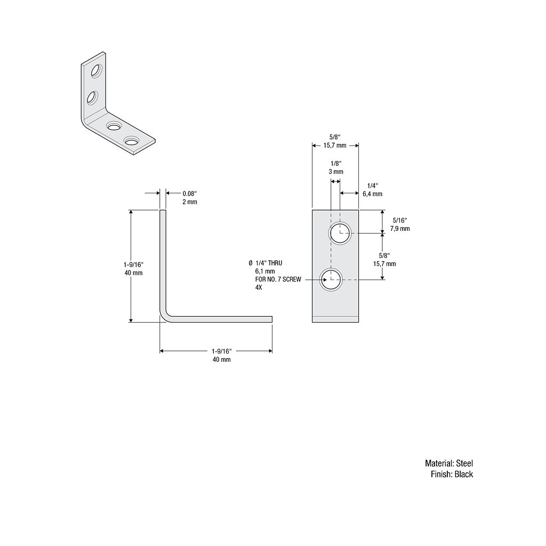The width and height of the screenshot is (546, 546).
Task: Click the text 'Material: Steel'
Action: (x=448, y=463)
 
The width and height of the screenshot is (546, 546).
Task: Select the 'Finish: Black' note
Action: (x=452, y=474)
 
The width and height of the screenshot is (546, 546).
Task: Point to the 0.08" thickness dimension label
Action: (x=190, y=194)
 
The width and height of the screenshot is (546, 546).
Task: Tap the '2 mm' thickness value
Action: (x=189, y=202)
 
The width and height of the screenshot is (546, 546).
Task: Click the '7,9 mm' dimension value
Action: (x=399, y=228)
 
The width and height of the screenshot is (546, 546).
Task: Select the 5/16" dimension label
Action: (x=399, y=220)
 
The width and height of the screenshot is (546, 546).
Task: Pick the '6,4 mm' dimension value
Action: (x=372, y=194)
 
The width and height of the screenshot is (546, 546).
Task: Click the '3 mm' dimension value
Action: (x=335, y=172)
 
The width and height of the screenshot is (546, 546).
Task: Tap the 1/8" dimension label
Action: (x=335, y=163)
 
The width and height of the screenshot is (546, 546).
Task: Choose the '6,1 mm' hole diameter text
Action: (x=264, y=271)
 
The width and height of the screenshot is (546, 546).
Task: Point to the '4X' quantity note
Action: (x=259, y=287)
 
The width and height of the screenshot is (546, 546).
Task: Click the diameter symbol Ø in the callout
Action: (x=251, y=263)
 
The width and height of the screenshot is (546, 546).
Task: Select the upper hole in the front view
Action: (x=340, y=233)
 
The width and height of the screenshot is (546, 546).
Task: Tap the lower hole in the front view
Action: (x=331, y=279)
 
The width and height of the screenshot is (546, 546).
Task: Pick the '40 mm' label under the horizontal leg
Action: (x=221, y=359)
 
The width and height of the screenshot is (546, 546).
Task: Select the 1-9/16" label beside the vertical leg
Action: (x=133, y=264)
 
